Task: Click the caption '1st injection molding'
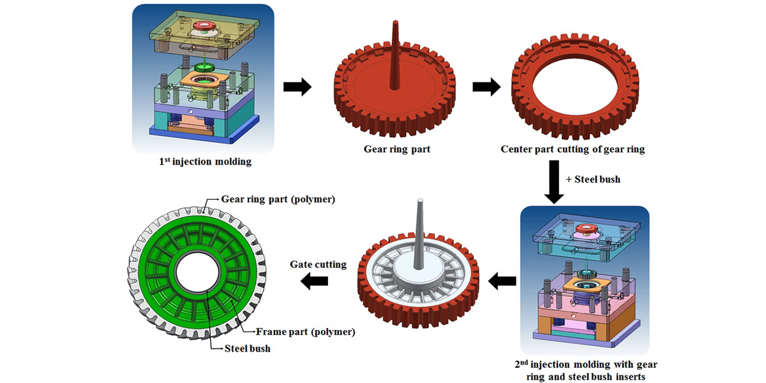coord(205,162)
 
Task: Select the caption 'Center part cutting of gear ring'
coord(573,149)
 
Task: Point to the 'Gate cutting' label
coord(318,264)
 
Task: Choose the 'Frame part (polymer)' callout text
coord(305,332)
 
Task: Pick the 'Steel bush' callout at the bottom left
coord(248,349)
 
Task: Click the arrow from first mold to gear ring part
coord(297,87)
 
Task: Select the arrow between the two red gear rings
coord(486,87)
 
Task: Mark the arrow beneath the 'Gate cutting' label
coord(315,280)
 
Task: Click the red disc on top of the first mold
coord(206,27)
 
